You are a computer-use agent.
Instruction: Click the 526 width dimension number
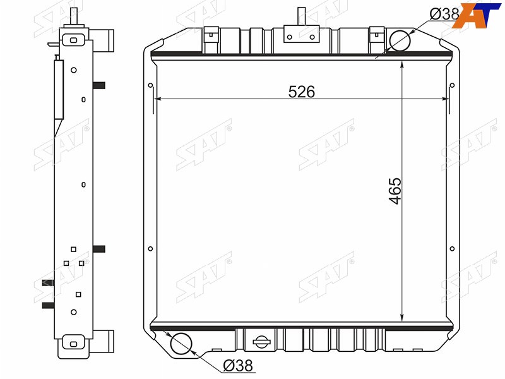(x=302, y=92)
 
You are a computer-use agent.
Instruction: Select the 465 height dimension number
(x=395, y=191)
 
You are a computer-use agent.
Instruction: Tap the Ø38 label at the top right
(x=444, y=14)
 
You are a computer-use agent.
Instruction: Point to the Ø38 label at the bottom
(x=238, y=366)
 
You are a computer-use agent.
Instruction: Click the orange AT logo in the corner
(x=477, y=15)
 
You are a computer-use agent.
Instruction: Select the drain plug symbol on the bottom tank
(x=261, y=342)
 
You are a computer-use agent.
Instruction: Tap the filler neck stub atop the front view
(x=301, y=17)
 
